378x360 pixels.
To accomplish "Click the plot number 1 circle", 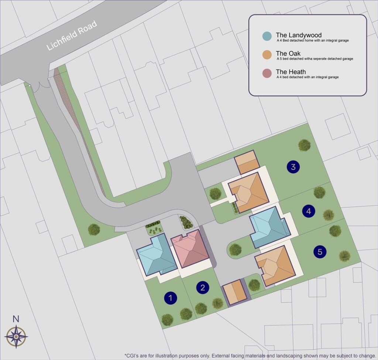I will click(170, 298).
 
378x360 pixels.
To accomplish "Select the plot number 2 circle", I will click(203, 287).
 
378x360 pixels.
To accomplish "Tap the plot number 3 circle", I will click(293, 167).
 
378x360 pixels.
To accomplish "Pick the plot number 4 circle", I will click(309, 211).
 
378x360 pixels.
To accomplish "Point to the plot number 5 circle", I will click(320, 252).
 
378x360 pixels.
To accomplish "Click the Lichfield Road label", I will click(72, 36).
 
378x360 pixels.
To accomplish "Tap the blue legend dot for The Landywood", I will click(267, 36).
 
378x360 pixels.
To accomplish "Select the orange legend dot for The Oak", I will click(267, 55).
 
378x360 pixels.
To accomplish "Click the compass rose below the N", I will click(16, 337).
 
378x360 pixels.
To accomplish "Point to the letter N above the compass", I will click(16, 319).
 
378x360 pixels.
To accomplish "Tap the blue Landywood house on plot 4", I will click(269, 227).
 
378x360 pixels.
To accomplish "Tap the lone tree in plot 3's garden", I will click(304, 145).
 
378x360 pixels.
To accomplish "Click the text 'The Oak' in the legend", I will click(288, 54).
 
